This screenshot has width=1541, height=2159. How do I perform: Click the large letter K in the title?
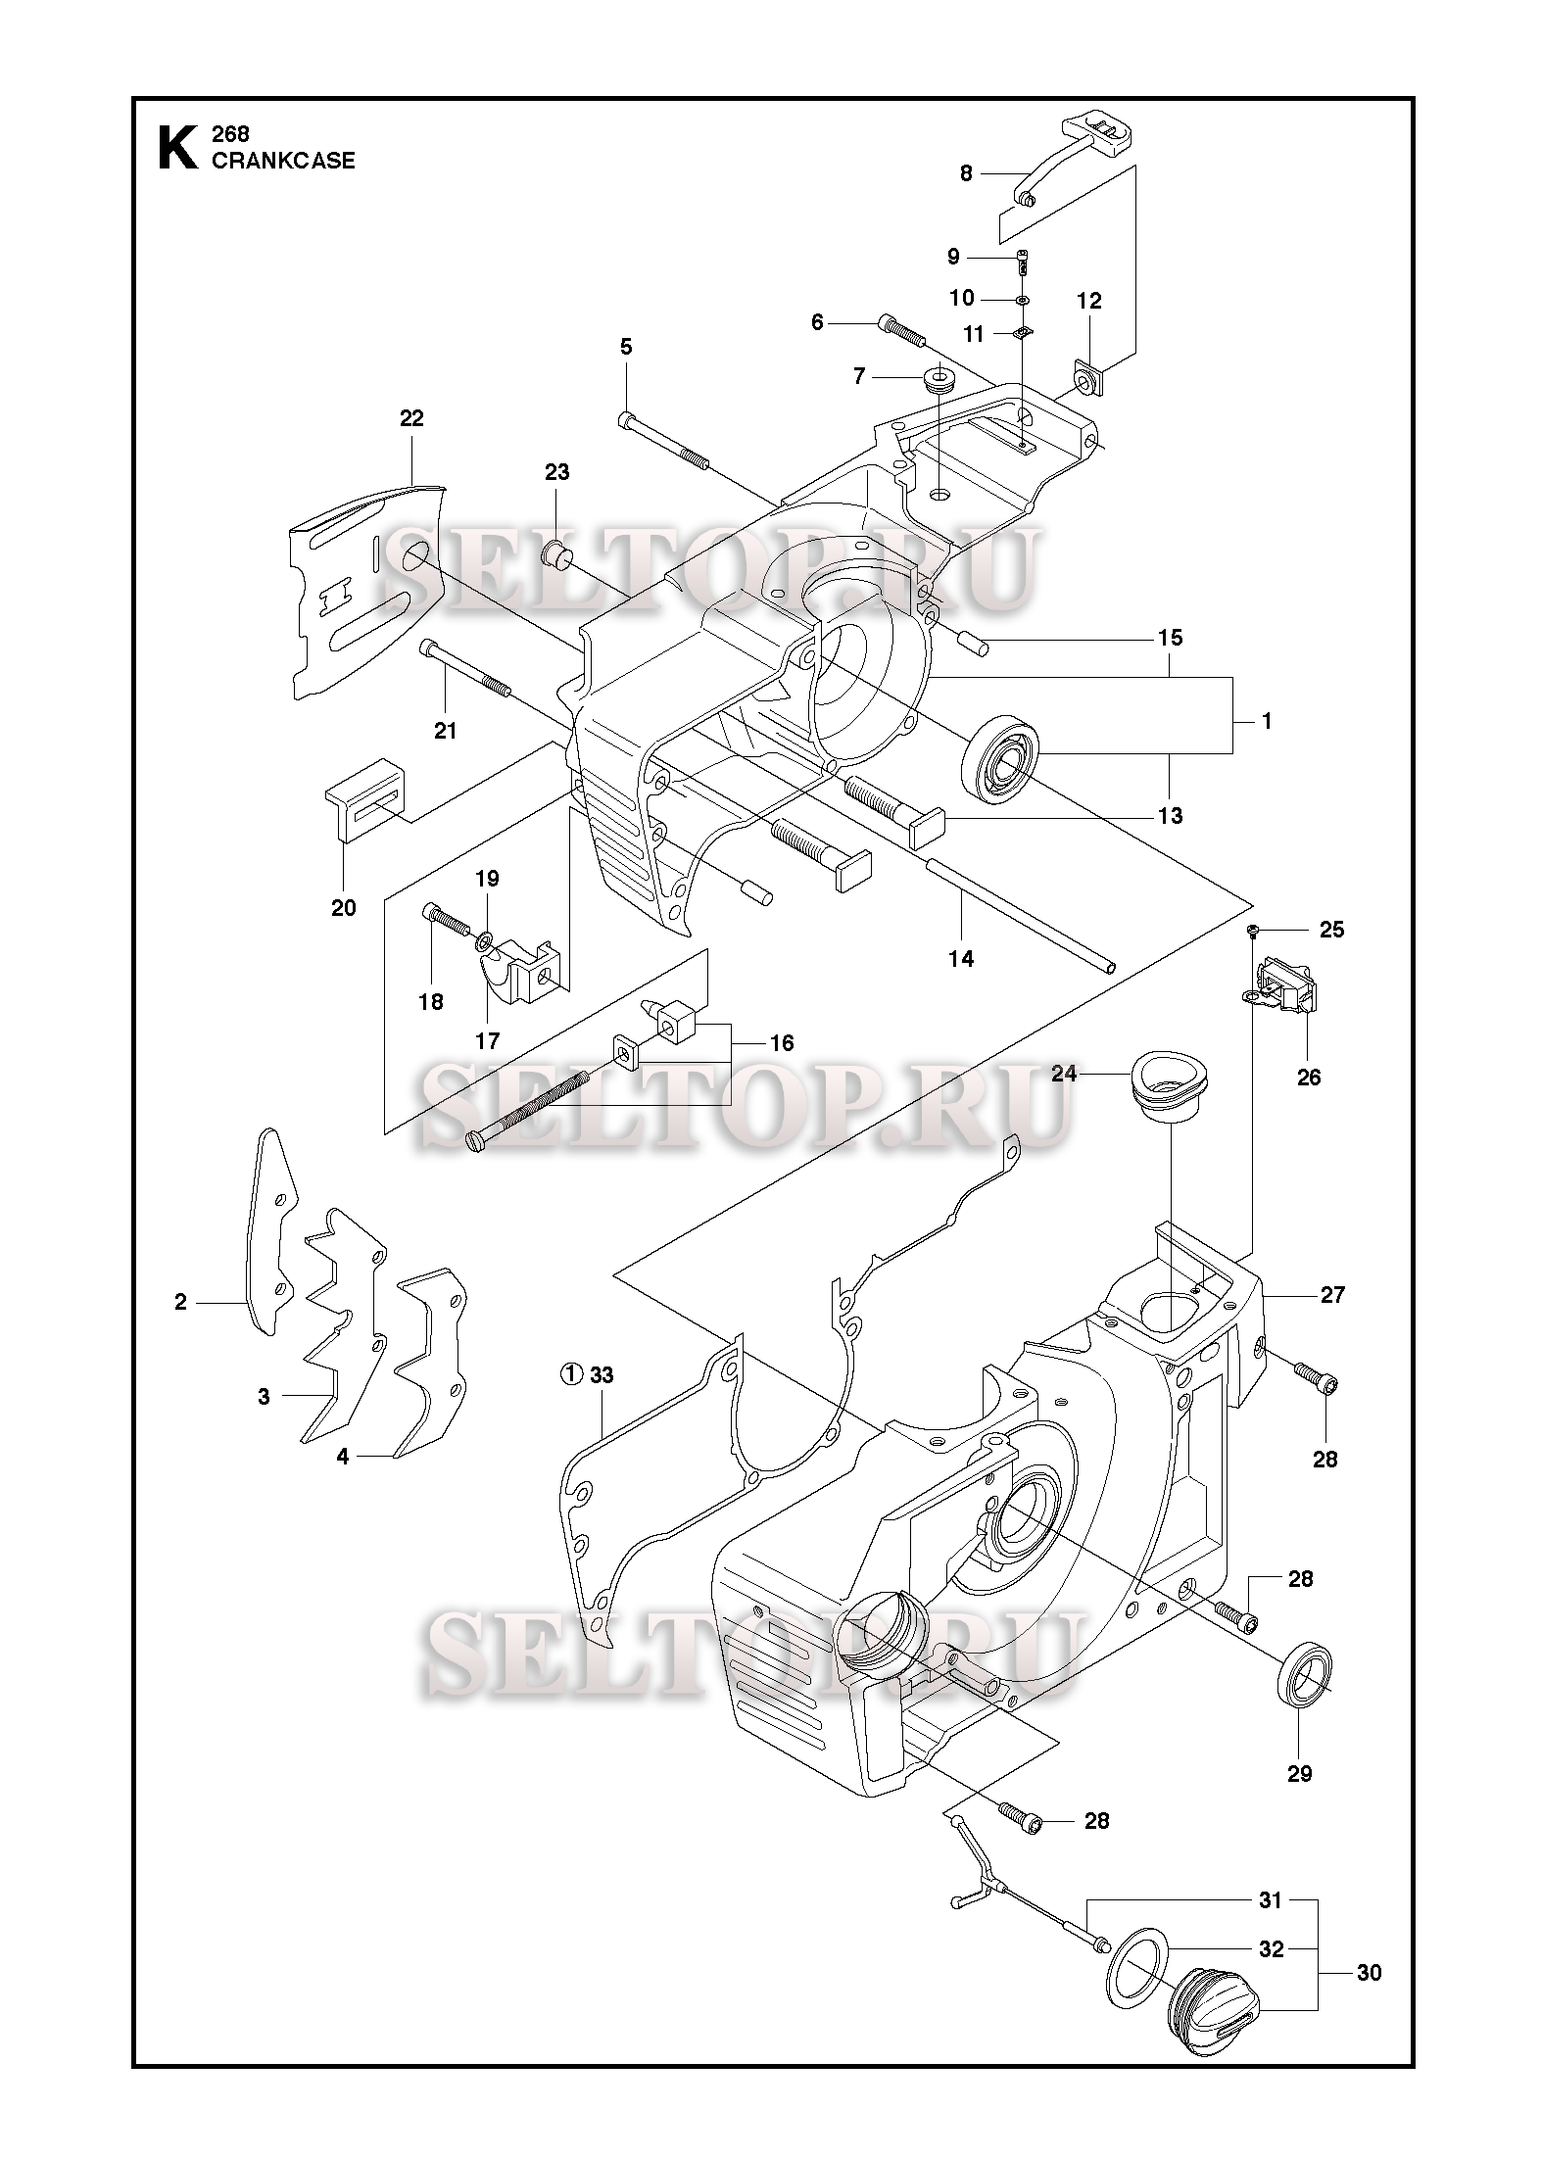click(176, 148)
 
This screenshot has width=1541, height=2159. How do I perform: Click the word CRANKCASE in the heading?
click(283, 161)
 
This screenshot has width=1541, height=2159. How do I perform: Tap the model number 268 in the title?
click(230, 134)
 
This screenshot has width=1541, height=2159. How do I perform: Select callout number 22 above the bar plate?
click(411, 418)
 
